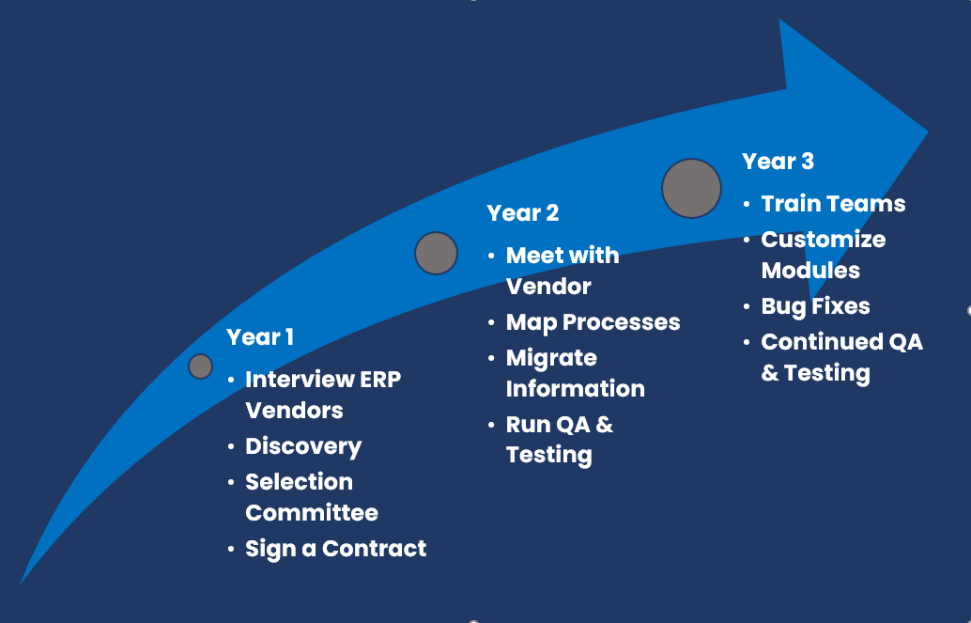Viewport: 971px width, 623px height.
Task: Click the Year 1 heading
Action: tap(260, 337)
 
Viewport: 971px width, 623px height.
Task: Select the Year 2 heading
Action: tap(523, 213)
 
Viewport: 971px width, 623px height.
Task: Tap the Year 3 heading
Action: tap(778, 162)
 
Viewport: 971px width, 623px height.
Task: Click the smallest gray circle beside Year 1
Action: tap(200, 366)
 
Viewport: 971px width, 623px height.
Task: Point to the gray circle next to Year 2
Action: tap(436, 253)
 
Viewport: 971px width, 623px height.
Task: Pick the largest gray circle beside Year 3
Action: tap(691, 188)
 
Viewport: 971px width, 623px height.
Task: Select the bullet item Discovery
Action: tap(303, 446)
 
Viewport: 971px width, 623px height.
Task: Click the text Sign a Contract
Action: tap(335, 549)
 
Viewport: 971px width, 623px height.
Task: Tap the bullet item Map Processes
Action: tap(593, 322)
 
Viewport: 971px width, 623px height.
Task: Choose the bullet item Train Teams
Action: tap(833, 204)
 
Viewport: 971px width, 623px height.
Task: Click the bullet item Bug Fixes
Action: tap(815, 306)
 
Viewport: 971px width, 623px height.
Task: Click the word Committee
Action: tap(312, 513)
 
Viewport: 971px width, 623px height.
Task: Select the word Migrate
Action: tap(551, 358)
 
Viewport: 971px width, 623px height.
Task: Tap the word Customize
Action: tap(823, 240)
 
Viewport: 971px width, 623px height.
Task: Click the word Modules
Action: tap(810, 271)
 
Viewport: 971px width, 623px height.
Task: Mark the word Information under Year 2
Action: tap(575, 389)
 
